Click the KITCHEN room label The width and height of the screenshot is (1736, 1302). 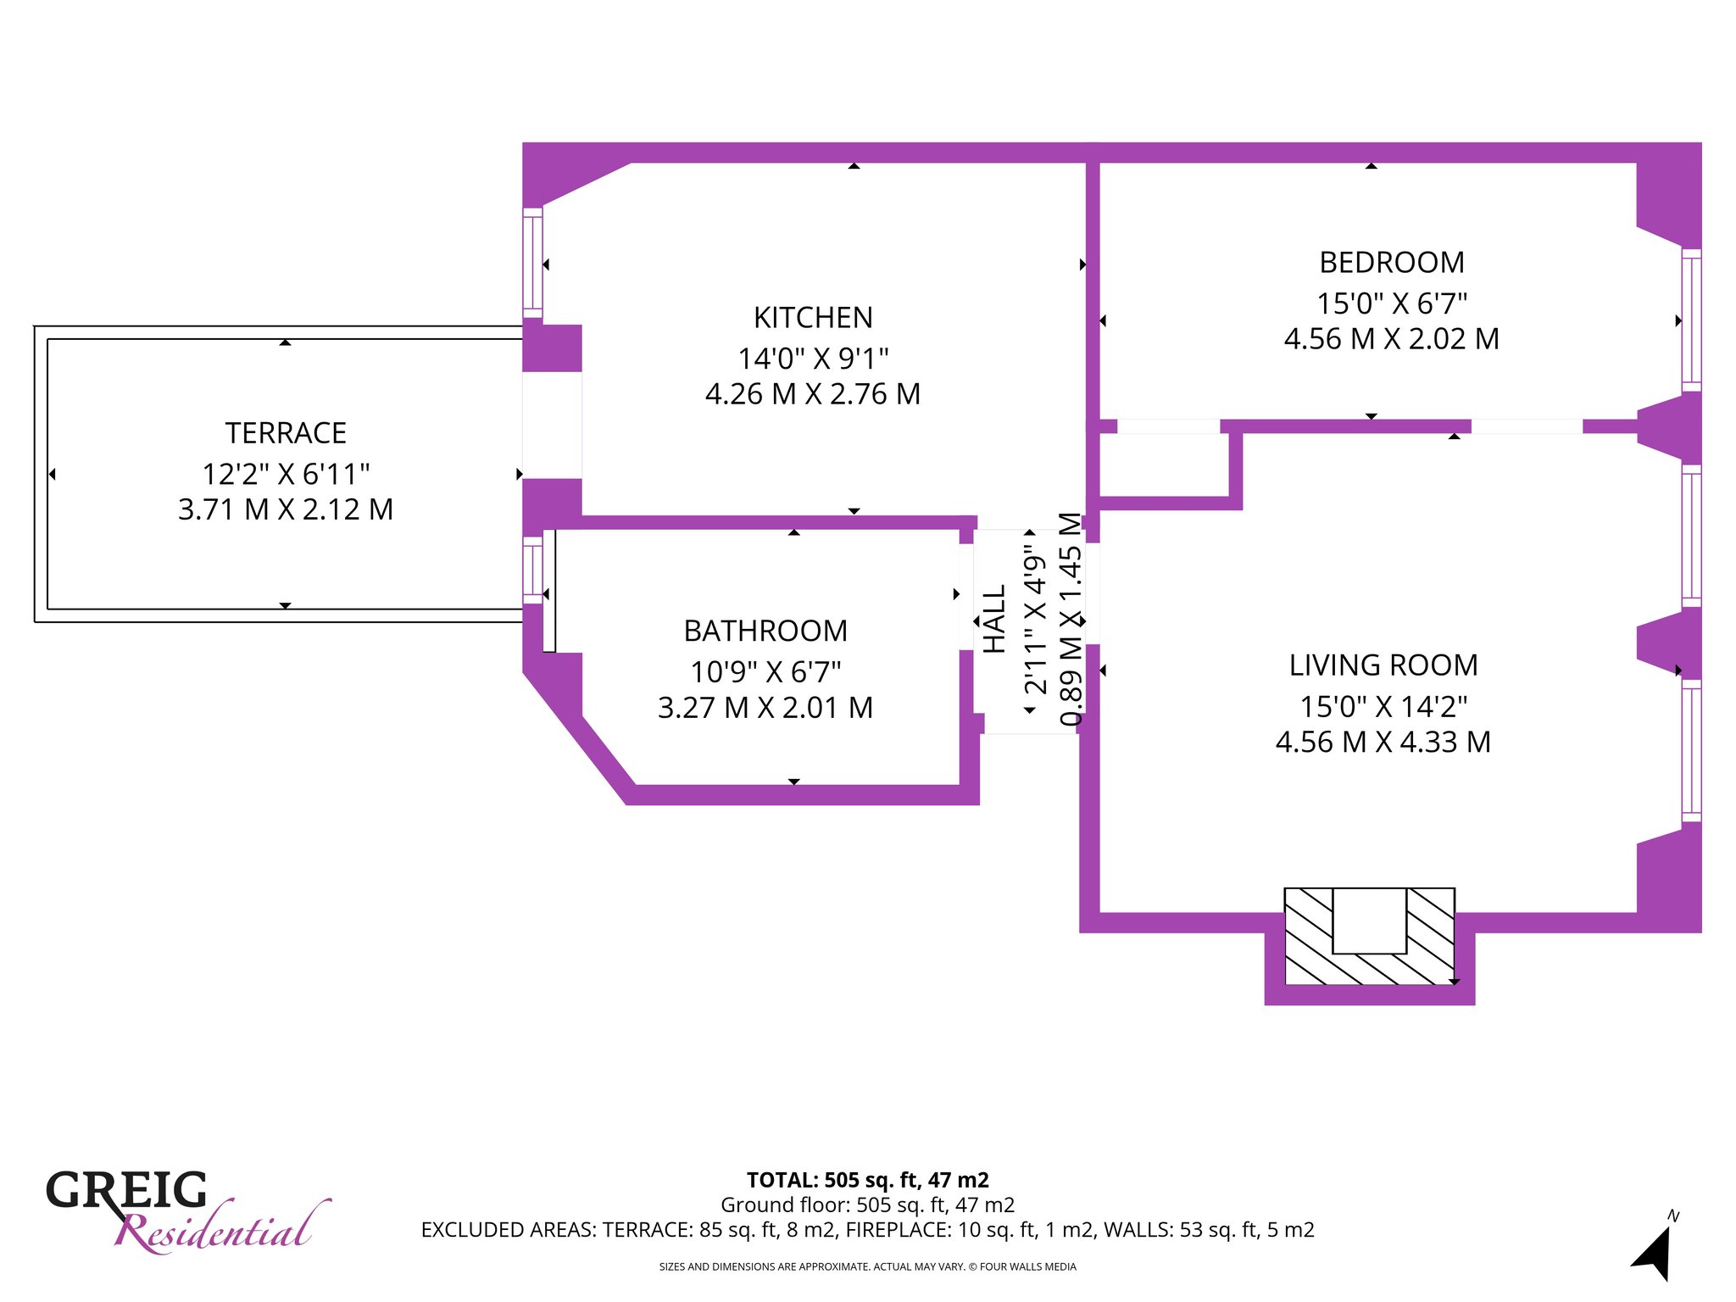coord(813,318)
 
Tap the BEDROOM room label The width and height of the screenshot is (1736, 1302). coord(1392,263)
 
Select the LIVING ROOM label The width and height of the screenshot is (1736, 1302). coord(1383,665)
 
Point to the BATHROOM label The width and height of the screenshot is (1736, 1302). coord(765,632)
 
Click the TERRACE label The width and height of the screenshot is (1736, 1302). coord(286,433)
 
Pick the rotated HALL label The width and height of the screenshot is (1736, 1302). coord(994,619)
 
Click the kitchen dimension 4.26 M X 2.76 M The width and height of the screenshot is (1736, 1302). coord(813,394)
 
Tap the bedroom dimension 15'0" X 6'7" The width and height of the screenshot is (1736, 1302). coord(1392,303)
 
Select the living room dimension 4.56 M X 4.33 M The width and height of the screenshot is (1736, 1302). coord(1383,742)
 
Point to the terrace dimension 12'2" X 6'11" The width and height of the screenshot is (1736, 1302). coord(286,473)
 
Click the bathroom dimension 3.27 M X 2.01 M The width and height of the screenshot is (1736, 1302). coord(765,708)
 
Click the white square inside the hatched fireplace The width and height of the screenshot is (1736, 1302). coord(1370,921)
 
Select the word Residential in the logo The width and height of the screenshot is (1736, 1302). coord(222,1228)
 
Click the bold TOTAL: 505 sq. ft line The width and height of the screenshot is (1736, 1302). coord(868,1180)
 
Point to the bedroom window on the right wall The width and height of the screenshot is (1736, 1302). coord(1691,320)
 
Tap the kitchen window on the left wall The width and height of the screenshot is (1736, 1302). coord(532,263)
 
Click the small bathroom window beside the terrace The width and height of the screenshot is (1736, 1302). coord(532,570)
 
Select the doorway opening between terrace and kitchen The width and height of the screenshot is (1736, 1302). coord(552,426)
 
